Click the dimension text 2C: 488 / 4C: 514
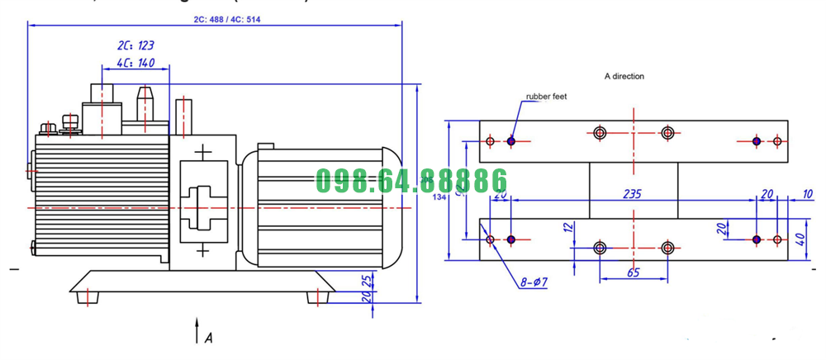click(216, 18)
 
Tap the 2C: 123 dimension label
click(135, 46)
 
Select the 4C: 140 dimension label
click(135, 62)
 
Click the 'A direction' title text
click(624, 76)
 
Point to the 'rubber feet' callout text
click(547, 97)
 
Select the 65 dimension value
click(632, 272)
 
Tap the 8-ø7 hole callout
click(535, 282)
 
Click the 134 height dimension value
click(439, 197)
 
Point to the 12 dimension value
click(568, 228)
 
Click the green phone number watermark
click(411, 180)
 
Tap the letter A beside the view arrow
click(208, 337)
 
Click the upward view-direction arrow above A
click(197, 328)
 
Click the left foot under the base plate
click(88, 296)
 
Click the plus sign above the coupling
click(203, 153)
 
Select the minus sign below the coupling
click(203, 249)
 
